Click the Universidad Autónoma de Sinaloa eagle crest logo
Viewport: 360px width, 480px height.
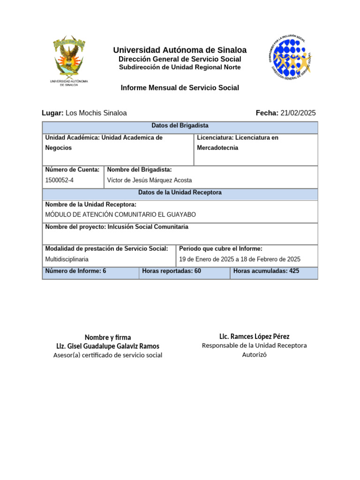69,57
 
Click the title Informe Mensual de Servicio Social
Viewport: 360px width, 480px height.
180,88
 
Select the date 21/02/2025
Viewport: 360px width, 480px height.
298,113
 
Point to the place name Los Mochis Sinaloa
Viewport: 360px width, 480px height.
96,113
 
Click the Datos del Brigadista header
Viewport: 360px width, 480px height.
180,126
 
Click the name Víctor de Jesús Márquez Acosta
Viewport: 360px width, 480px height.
150,180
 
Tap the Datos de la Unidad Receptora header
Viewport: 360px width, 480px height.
180,193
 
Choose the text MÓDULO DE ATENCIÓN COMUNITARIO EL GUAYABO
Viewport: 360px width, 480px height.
120,215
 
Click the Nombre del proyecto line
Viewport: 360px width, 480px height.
117,227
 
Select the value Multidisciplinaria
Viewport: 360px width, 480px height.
67,259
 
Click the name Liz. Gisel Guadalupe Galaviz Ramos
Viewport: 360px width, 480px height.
108,346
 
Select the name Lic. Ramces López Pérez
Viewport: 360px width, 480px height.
254,337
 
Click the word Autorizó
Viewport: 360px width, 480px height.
254,354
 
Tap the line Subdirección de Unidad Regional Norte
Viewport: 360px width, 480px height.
180,67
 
